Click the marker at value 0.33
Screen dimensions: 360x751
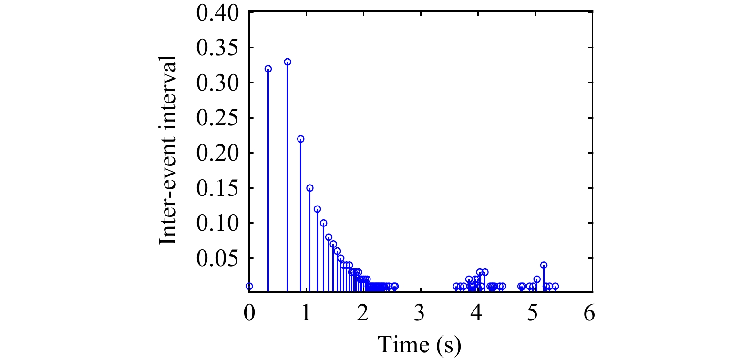288,62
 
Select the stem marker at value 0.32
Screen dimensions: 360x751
268,69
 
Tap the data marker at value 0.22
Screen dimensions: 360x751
300,139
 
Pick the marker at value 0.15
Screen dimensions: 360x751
310,188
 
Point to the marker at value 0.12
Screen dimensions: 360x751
317,209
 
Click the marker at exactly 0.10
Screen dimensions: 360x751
324,223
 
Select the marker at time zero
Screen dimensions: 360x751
249,287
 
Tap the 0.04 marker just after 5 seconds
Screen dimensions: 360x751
544,265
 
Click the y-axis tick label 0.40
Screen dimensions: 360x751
217,13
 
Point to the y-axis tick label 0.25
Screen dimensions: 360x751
217,118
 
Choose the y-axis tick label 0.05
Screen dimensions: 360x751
217,258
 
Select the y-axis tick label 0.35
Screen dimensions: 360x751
217,48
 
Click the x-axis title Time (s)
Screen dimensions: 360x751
420,344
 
